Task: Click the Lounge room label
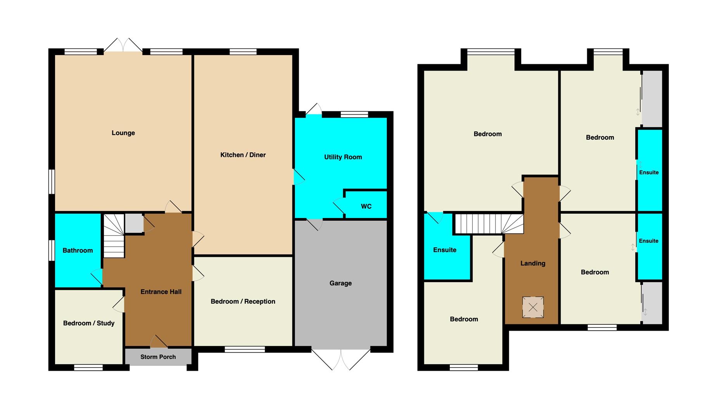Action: pos(123,133)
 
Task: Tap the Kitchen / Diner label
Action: pos(243,155)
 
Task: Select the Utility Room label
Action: pos(343,157)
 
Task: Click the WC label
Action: pos(366,206)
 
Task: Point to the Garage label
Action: pos(341,283)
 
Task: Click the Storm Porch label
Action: pos(158,357)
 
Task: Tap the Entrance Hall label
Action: pos(161,292)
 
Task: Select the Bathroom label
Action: pos(78,251)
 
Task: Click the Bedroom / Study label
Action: pos(89,323)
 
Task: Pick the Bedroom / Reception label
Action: pos(243,301)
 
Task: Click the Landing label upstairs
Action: pos(533,263)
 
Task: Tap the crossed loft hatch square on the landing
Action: pos(533,307)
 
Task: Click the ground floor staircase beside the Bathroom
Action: pos(114,236)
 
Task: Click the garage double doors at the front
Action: pos(341,359)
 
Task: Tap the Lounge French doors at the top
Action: pos(123,45)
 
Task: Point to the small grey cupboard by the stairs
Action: pos(134,223)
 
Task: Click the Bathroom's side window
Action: pos(52,251)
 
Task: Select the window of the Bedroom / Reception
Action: pos(245,350)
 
